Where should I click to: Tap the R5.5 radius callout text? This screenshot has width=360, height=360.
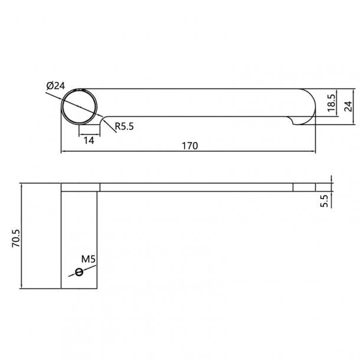pos(125,126)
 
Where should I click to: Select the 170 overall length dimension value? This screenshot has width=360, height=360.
pos(189,145)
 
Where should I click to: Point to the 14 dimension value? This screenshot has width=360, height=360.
pos(89,140)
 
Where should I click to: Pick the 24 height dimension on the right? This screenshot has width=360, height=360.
pos(348,106)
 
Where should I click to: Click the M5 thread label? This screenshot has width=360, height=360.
pos(89,259)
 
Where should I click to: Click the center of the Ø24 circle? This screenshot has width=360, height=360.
pos(80,107)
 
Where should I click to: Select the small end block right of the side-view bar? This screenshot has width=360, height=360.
pos(304,187)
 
